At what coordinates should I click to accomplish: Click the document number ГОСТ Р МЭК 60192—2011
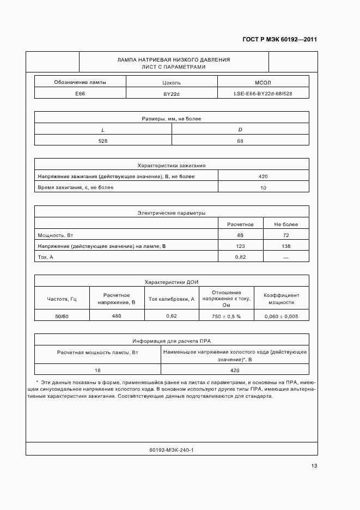pyautogui.click(x=279, y=40)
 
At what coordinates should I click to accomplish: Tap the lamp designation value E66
pyautogui.click(x=80, y=94)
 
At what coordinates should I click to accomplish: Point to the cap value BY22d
pyautogui.click(x=172, y=94)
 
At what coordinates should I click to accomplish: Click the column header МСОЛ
pyautogui.click(x=263, y=82)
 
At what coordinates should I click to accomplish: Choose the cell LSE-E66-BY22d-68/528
pyautogui.click(x=263, y=94)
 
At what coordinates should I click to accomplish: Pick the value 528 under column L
pyautogui.click(x=103, y=141)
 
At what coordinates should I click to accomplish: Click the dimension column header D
pyautogui.click(x=240, y=129)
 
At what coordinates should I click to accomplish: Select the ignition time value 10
pyautogui.click(x=264, y=187)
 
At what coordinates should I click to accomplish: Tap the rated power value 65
pyautogui.click(x=240, y=235)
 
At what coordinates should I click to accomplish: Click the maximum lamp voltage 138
pyautogui.click(x=286, y=246)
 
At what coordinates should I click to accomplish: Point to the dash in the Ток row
pyautogui.click(x=286, y=257)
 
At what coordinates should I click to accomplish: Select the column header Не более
pyautogui.click(x=286, y=224)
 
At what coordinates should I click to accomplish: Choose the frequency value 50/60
pyautogui.click(x=62, y=316)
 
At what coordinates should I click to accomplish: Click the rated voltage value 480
pyautogui.click(x=116, y=316)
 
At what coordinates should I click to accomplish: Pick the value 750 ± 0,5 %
pyautogui.click(x=227, y=316)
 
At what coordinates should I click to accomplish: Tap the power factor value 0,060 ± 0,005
pyautogui.click(x=282, y=316)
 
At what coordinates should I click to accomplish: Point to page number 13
pyautogui.click(x=314, y=465)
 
